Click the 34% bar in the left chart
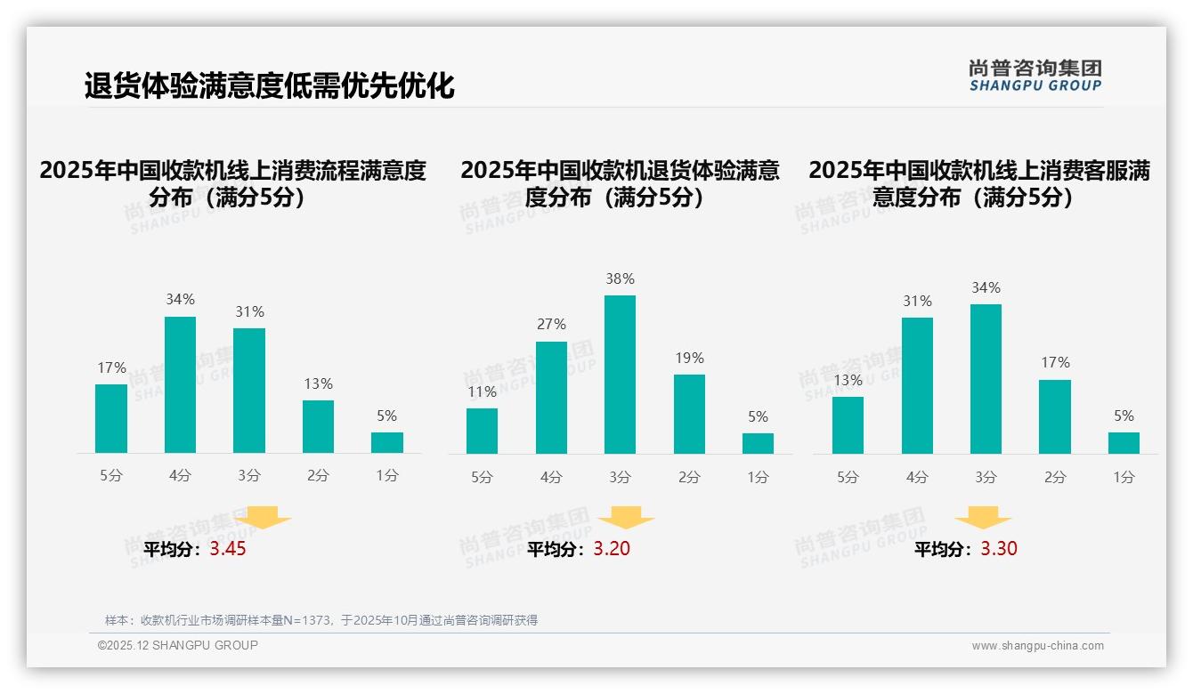pyautogui.click(x=180, y=384)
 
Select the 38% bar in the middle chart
pyautogui.click(x=620, y=375)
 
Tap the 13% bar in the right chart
pyautogui.click(x=848, y=425)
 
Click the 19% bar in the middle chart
pyautogui.click(x=689, y=414)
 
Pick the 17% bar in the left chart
pyautogui.click(x=111, y=418)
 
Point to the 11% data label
pyautogui.click(x=482, y=391)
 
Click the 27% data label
pyautogui.click(x=551, y=325)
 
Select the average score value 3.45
pyautogui.click(x=228, y=549)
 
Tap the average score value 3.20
pyautogui.click(x=612, y=549)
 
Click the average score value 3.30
pyautogui.click(x=999, y=549)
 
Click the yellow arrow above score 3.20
pyautogui.click(x=626, y=518)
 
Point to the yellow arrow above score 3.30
pyautogui.click(x=983, y=518)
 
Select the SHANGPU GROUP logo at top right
pyautogui.click(x=1035, y=76)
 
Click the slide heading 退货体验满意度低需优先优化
pyautogui.click(x=270, y=86)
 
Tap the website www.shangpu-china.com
pyautogui.click(x=1037, y=646)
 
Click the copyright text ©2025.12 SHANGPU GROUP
pyautogui.click(x=178, y=645)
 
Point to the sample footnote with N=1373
pyautogui.click(x=321, y=620)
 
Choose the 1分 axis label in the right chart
pyautogui.click(x=1124, y=478)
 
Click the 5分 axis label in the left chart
pyautogui.click(x=111, y=476)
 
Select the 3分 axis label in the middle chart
pyautogui.click(x=620, y=478)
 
